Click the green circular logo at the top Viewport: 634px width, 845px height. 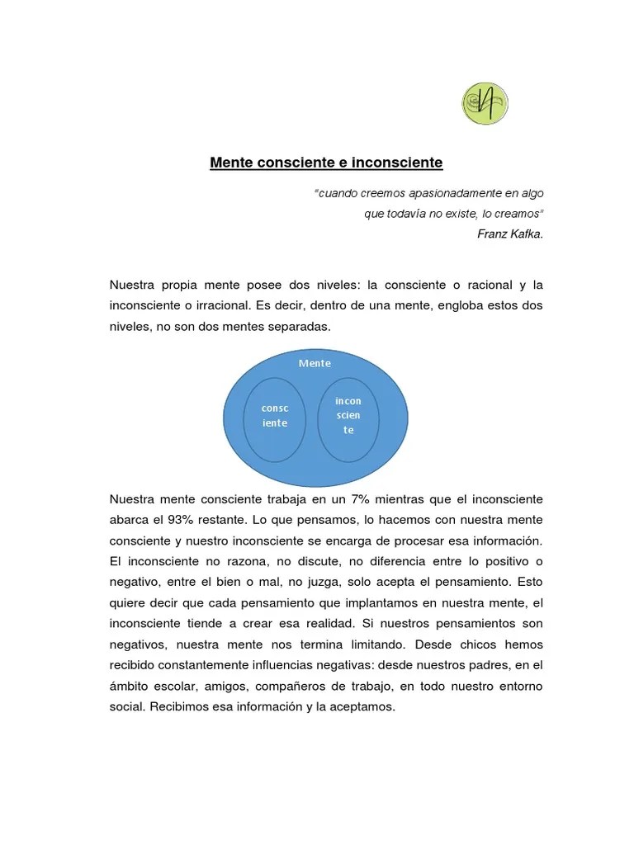[x=485, y=104]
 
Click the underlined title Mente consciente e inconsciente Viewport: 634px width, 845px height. [x=326, y=163]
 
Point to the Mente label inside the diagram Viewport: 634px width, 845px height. [x=315, y=363]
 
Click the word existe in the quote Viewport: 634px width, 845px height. [x=461, y=213]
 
